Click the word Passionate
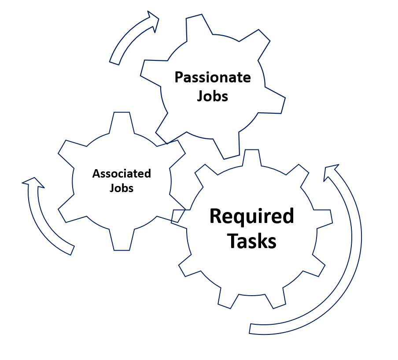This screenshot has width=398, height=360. tap(213, 78)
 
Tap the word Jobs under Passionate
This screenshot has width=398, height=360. tap(213, 96)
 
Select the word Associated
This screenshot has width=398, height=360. tap(122, 174)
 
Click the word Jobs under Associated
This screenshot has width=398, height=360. tap(122, 188)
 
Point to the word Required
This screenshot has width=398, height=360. tap(251, 216)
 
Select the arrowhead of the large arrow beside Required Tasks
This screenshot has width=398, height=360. tap(331, 171)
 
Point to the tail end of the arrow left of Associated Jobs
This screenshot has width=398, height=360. tap(71, 250)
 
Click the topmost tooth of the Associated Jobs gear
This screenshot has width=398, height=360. tap(122, 120)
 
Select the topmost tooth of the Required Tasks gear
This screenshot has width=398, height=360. tap(251, 157)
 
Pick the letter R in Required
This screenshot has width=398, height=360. tap(215, 216)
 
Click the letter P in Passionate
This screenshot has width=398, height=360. tap(178, 78)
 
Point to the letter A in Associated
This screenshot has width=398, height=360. tap(96, 174)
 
